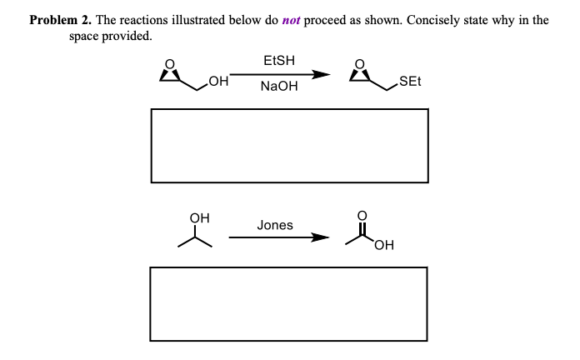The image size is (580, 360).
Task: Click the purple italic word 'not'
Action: point(291,20)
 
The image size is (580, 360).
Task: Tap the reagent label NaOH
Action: point(278,86)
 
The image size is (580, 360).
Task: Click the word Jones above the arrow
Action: point(275,225)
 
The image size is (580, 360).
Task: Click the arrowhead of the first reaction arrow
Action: point(321,75)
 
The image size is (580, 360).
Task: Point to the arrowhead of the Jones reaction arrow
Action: point(321,238)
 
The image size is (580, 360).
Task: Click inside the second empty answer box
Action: point(289,303)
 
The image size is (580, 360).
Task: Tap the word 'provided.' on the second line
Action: point(127,37)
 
